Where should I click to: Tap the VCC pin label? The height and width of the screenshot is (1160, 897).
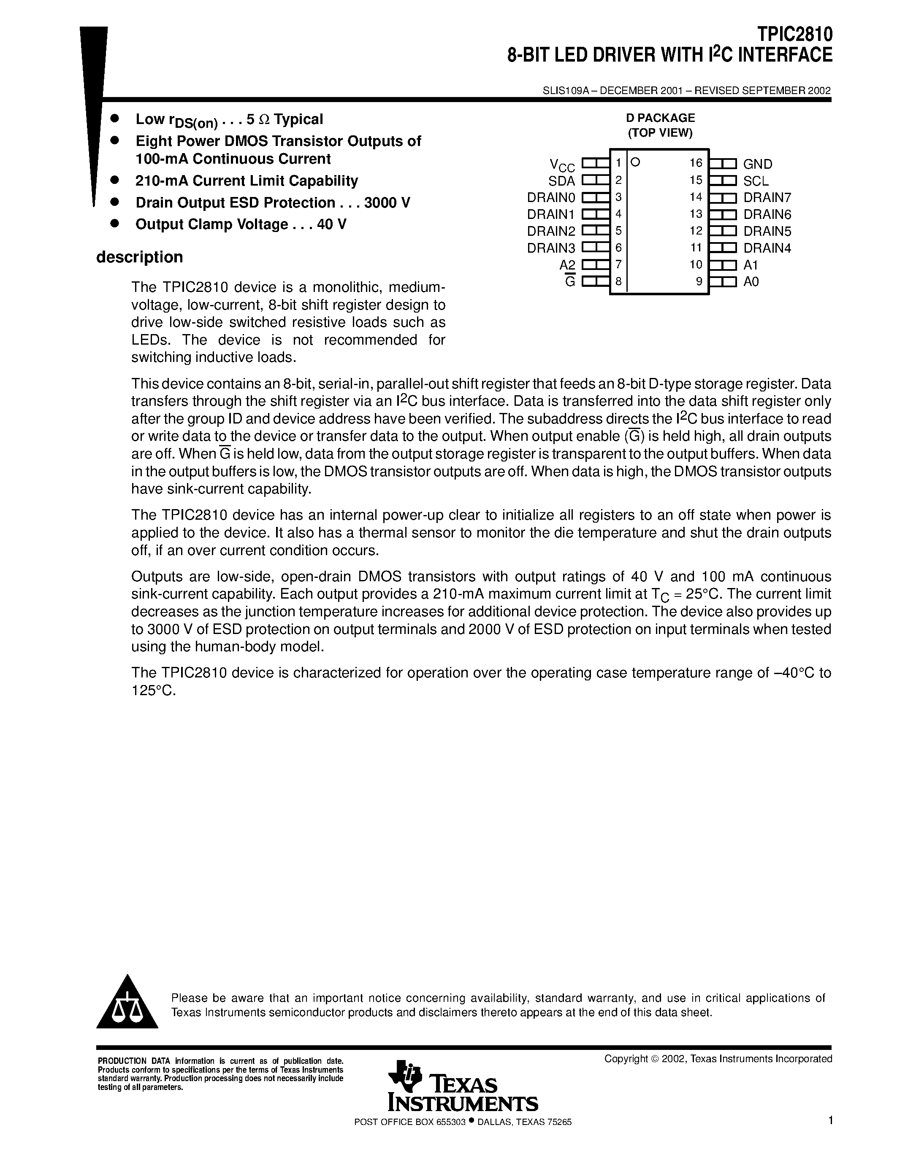(562, 165)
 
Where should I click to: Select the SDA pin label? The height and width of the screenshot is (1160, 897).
(562, 181)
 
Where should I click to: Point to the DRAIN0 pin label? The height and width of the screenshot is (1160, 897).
(551, 197)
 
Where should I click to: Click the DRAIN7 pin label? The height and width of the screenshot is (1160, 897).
(767, 197)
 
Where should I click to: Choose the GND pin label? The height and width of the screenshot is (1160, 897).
(758, 164)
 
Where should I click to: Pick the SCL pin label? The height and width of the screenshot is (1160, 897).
(756, 181)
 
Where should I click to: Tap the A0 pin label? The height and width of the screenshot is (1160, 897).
(751, 281)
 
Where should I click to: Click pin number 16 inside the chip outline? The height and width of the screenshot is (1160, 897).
(696, 163)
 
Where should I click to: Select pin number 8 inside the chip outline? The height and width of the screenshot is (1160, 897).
(618, 281)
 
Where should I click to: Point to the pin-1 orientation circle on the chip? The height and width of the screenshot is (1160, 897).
(635, 162)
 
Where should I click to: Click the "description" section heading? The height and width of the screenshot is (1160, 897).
(139, 257)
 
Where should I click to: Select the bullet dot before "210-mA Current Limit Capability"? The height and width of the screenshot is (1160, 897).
(113, 181)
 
